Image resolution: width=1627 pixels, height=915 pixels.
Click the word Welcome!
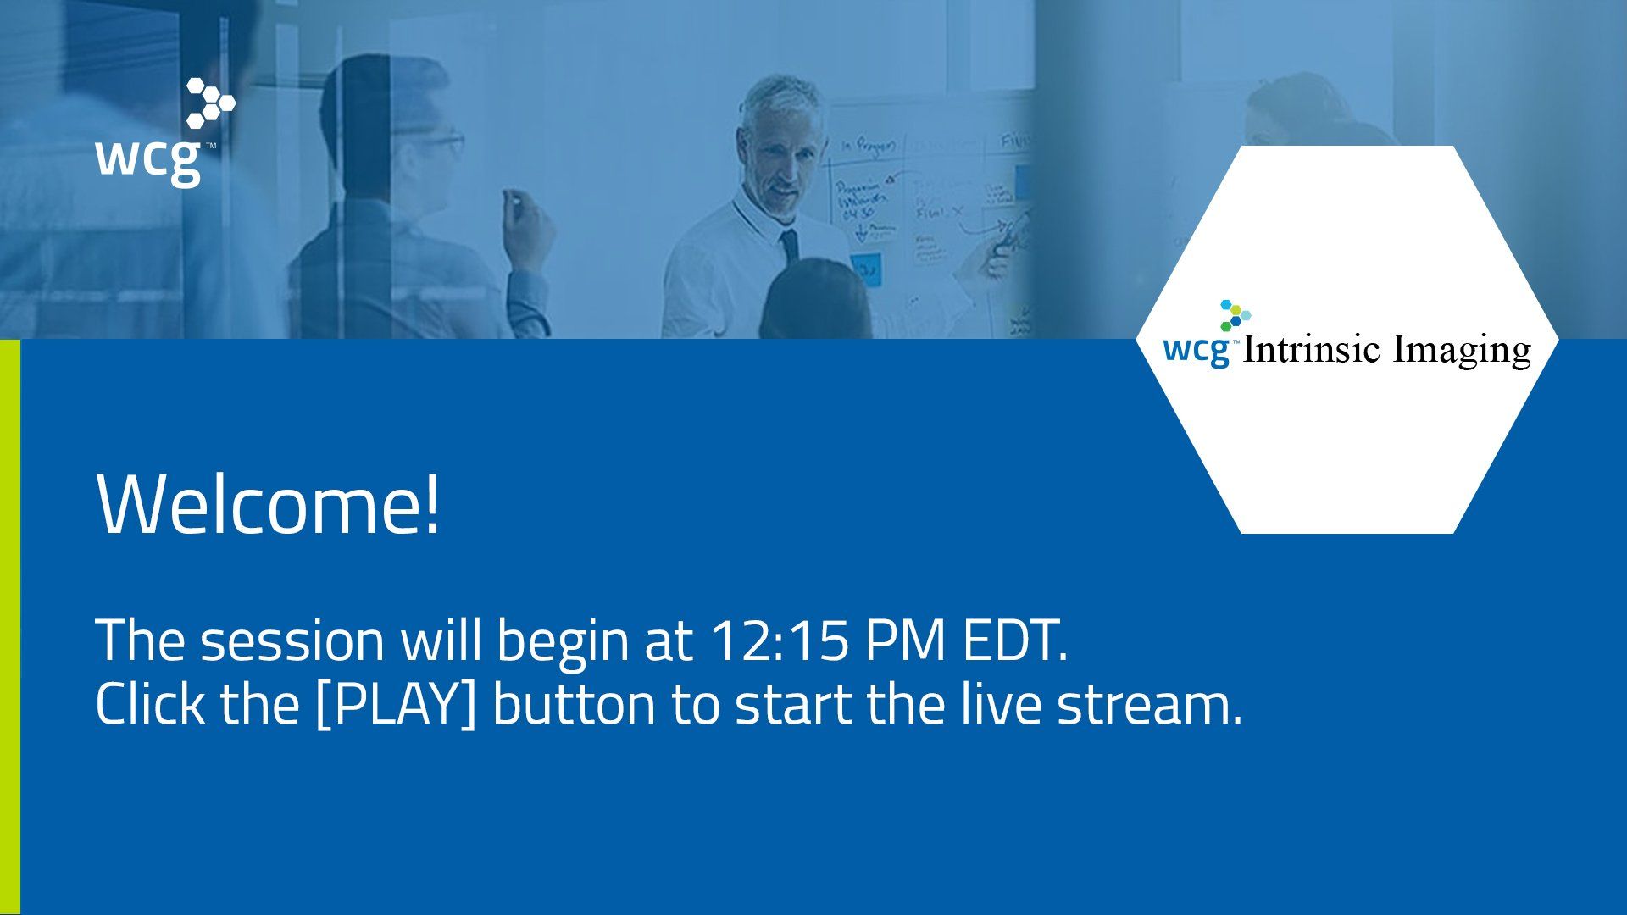tap(269, 505)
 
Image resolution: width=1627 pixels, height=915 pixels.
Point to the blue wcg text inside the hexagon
tap(1197, 349)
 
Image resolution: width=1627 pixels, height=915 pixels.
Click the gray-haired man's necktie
tap(790, 246)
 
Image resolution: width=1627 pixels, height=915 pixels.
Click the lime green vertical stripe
tap(9, 627)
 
